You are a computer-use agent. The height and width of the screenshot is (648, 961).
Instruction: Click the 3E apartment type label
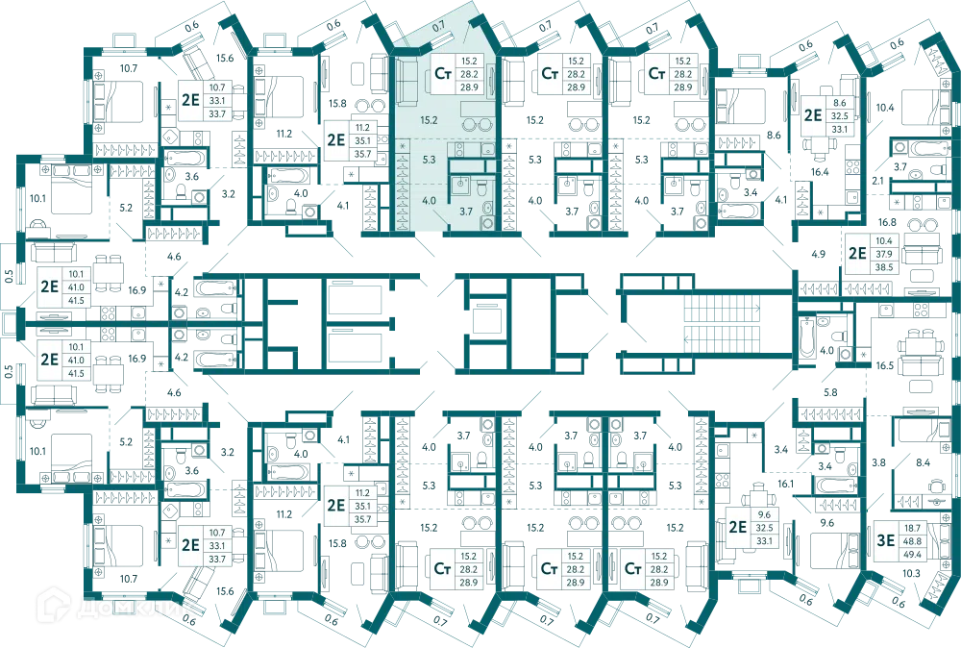886,540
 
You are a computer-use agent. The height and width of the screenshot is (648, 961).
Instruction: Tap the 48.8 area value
913,540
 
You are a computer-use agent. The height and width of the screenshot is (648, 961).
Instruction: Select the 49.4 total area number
913,554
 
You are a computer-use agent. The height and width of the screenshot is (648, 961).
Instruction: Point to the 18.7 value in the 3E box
913,527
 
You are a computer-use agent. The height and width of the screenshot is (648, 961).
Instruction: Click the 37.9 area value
884,254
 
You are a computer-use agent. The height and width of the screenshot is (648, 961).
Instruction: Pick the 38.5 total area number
884,267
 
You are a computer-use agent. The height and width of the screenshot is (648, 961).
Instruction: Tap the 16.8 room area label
887,222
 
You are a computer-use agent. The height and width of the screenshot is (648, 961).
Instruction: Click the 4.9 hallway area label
818,254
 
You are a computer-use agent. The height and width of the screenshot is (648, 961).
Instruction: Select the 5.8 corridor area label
830,392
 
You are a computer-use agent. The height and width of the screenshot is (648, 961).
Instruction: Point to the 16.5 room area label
884,365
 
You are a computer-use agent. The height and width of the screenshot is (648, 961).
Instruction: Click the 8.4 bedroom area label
923,462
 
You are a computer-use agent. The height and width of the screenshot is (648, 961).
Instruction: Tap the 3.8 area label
879,462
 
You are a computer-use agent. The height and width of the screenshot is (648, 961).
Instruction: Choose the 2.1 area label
877,181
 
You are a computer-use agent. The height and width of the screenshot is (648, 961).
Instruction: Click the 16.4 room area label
820,172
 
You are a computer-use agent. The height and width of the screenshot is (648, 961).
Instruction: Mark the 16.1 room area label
786,484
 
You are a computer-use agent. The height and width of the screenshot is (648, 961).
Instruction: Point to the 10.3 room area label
911,573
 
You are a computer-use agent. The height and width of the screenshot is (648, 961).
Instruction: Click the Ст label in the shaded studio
443,74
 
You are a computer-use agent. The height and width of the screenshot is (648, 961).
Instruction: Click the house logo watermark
52,605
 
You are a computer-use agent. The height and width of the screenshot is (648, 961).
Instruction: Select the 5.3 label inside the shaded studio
429,160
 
